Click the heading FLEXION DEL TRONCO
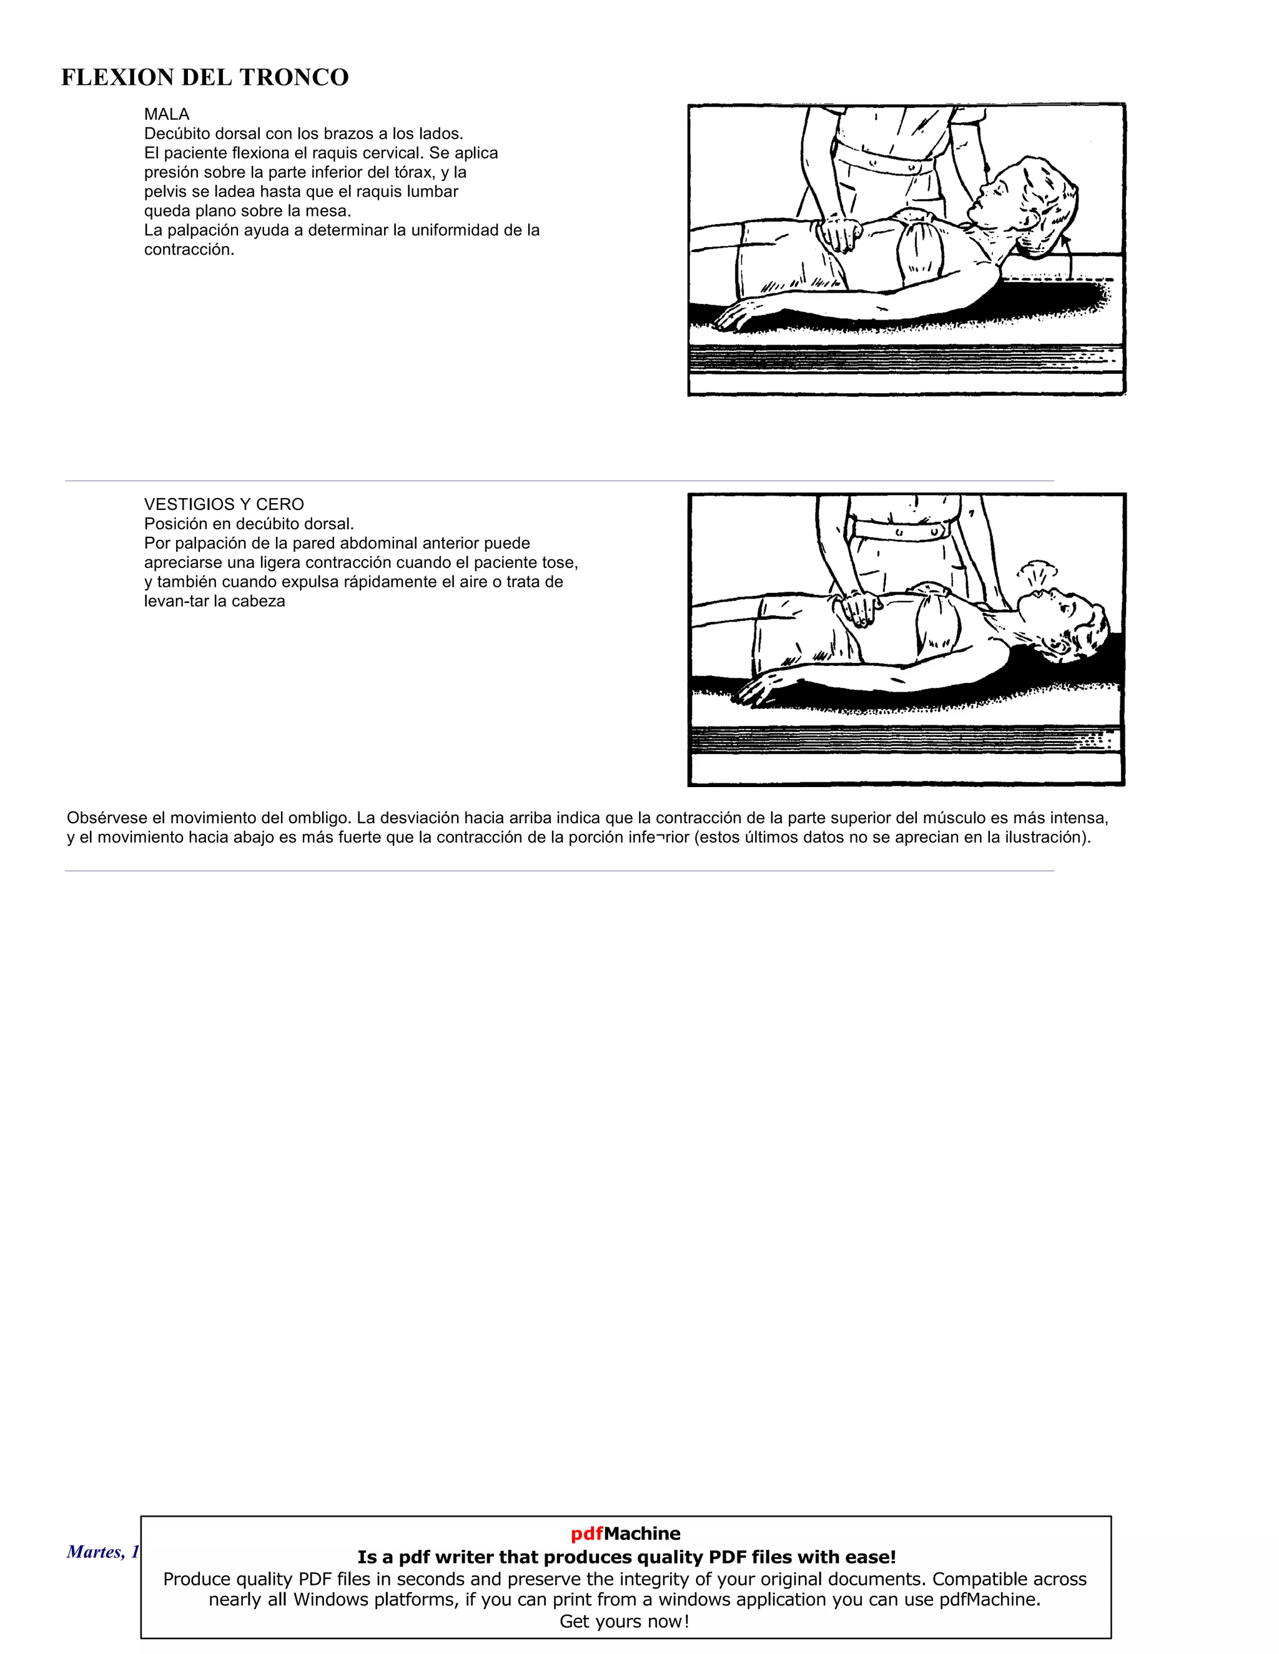pyautogui.click(x=205, y=77)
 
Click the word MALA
pyautogui.click(x=167, y=114)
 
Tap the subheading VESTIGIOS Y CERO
pyautogui.click(x=224, y=504)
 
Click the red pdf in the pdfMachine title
pyautogui.click(x=586, y=1534)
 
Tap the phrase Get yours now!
pyautogui.click(x=625, y=1622)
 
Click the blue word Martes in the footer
pyautogui.click(x=92, y=1552)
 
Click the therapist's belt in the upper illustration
pyautogui.click(x=887, y=160)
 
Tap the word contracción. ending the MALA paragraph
pyautogui.click(x=189, y=250)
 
